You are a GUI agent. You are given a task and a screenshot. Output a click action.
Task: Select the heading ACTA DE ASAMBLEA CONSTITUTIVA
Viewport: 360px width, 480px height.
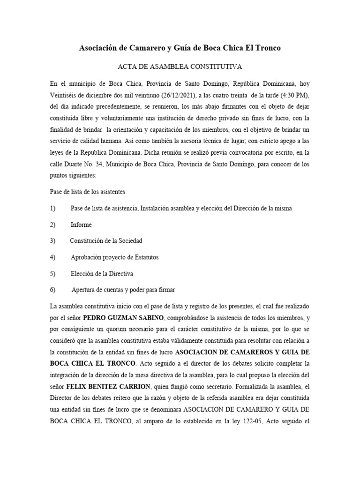pyautogui.click(x=180, y=67)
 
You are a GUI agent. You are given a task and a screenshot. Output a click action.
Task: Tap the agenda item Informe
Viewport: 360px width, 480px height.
pyautogui.click(x=81, y=225)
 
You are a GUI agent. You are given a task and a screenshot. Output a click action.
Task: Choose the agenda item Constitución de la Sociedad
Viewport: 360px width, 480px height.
pyautogui.click(x=106, y=240)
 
